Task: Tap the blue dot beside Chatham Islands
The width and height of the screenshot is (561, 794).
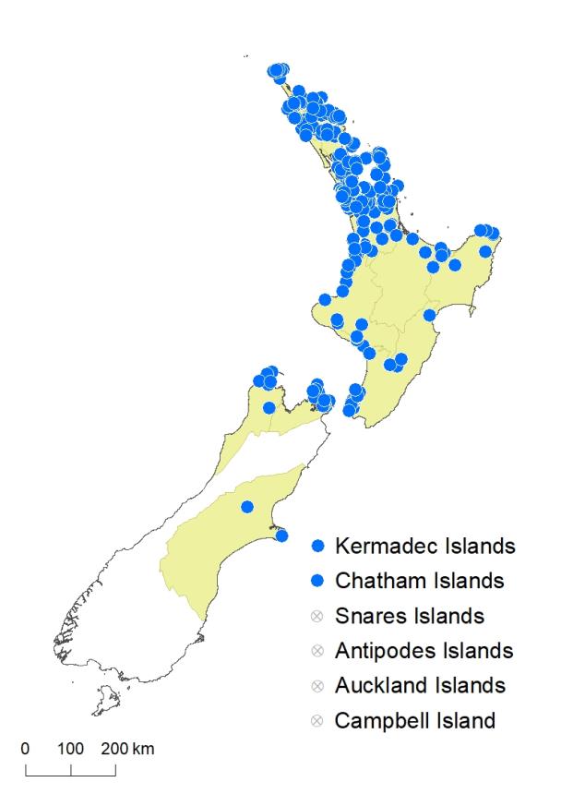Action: pos(319,582)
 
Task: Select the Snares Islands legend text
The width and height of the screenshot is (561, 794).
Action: pos(410,616)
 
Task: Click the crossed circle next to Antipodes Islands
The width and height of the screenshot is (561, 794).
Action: pos(319,651)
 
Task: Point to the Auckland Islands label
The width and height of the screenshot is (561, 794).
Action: pos(421,686)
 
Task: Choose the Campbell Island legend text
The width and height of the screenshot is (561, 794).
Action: pos(418,720)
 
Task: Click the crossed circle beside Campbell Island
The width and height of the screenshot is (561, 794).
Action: pos(319,720)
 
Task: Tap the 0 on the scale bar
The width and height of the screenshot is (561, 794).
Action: pos(26,748)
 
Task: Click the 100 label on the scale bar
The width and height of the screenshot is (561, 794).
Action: pos(71,748)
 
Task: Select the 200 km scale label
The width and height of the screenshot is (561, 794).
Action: pos(128,748)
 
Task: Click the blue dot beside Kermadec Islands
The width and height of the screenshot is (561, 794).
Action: pos(319,546)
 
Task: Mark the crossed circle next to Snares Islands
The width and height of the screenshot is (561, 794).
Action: pos(319,616)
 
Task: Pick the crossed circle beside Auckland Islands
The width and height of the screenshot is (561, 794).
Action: pos(319,686)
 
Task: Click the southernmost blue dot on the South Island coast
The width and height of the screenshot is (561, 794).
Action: pos(281,535)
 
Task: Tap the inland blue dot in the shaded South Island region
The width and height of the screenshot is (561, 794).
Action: pos(247,506)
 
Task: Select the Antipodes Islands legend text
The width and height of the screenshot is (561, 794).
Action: pos(424,651)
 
